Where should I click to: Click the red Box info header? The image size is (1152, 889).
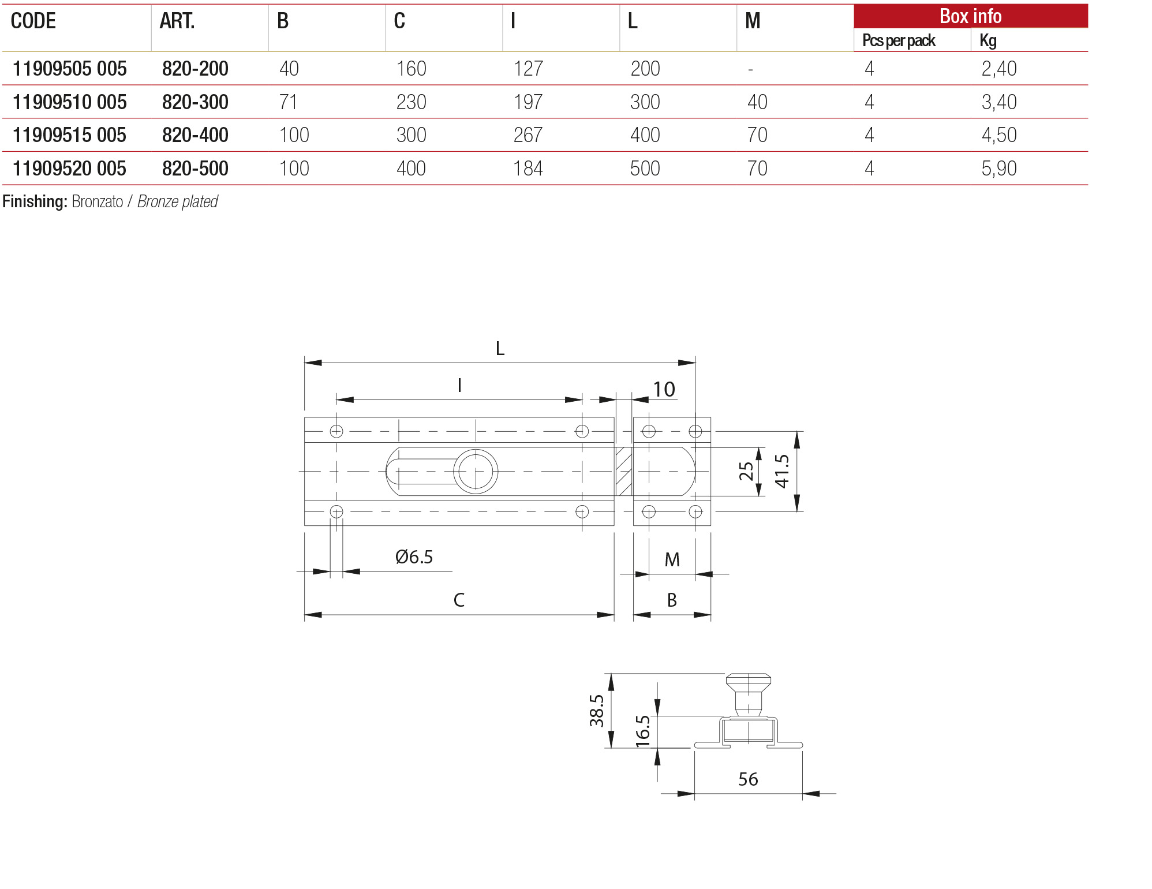point(970,16)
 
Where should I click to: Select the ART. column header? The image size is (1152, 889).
point(177,21)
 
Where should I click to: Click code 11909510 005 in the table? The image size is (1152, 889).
point(69,102)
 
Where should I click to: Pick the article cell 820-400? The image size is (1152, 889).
point(195,135)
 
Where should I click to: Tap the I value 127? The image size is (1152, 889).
point(528,69)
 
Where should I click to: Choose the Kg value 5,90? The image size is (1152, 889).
point(998,169)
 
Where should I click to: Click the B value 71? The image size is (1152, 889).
point(288,102)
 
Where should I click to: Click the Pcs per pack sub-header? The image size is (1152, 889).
point(899,40)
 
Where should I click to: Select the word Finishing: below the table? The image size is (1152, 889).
point(35,201)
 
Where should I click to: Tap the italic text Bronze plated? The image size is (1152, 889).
point(178,201)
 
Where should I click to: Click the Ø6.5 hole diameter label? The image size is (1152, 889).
point(414,557)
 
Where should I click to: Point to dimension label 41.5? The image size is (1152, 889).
point(782,471)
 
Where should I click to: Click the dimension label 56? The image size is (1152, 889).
point(748,779)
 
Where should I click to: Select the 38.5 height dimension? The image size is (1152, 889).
point(597,711)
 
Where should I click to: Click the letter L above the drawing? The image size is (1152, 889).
point(500,349)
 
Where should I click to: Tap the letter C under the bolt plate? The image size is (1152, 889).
point(459,600)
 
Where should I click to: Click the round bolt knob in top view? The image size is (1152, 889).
point(476,472)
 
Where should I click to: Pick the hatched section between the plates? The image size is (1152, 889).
point(624,472)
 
